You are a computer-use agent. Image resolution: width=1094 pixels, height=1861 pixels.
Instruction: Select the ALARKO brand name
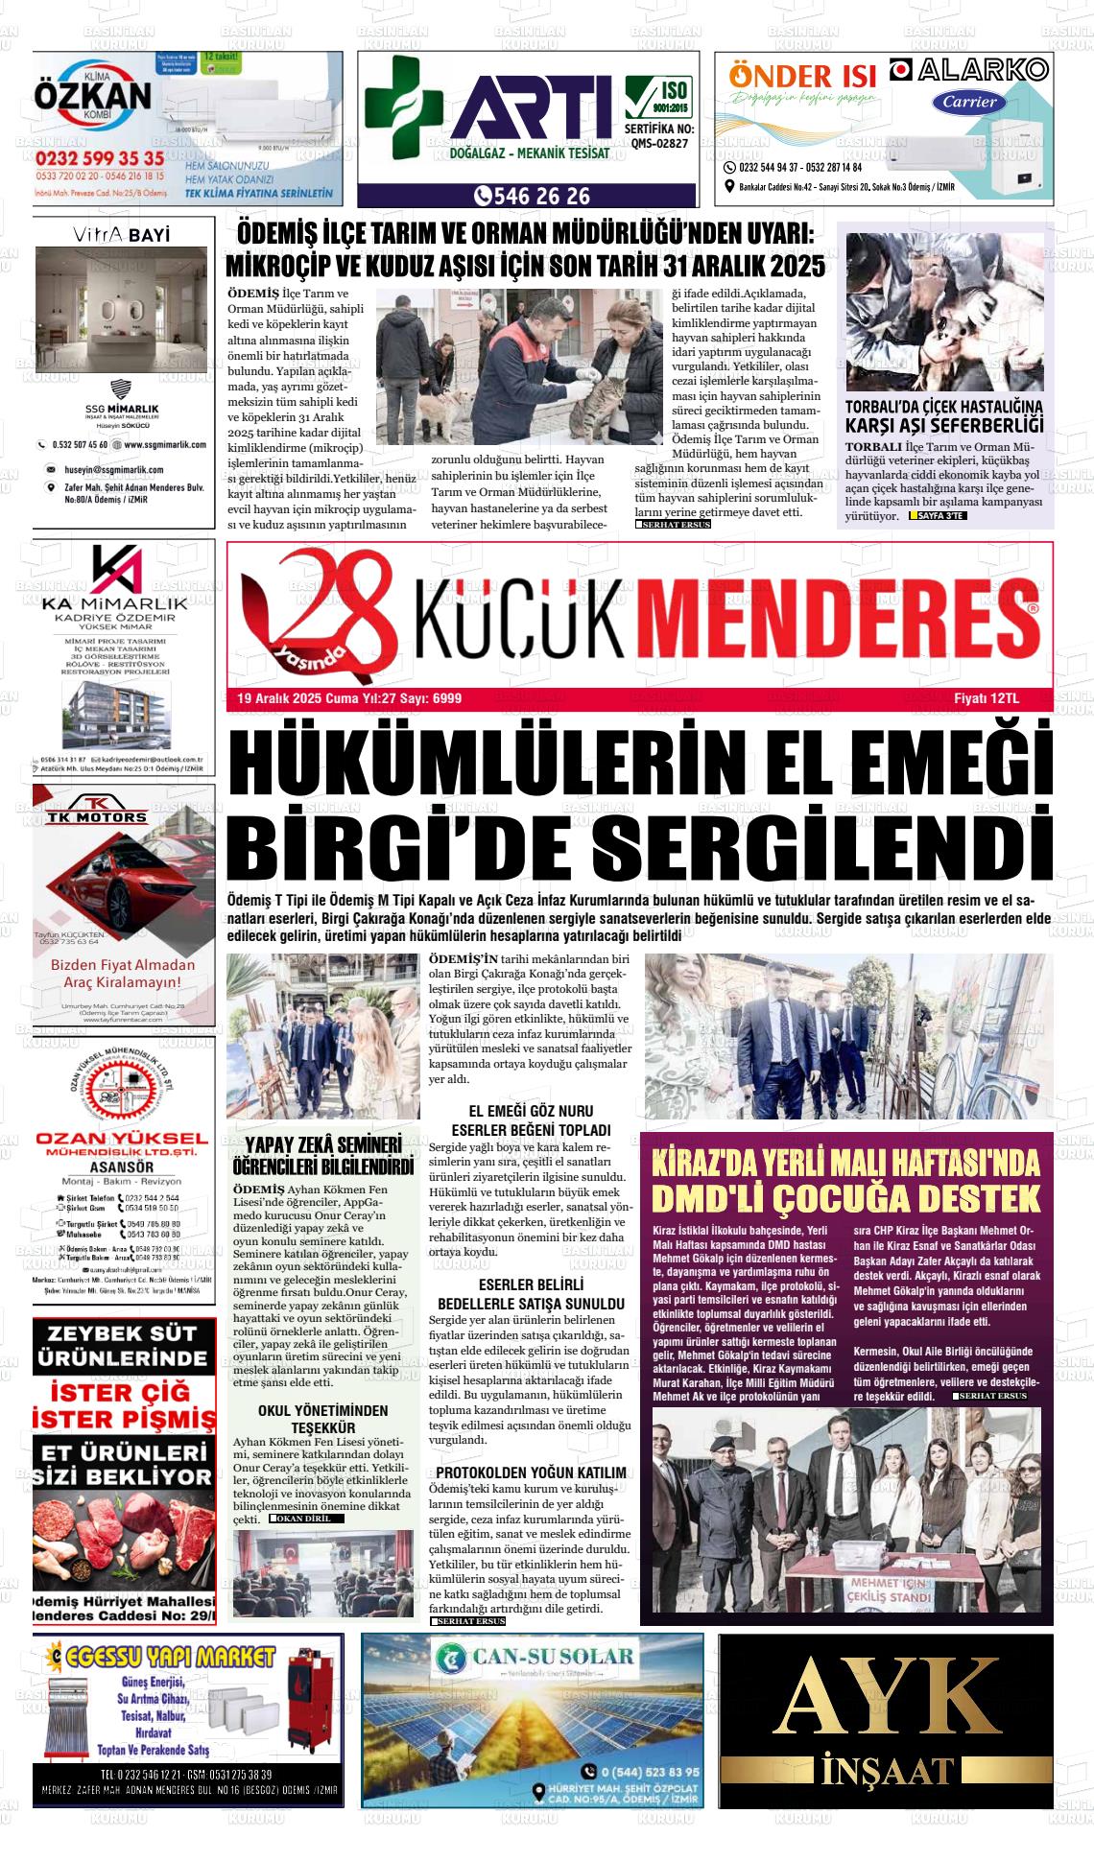[968, 70]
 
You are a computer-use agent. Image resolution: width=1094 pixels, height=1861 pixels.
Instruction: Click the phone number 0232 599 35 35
[100, 158]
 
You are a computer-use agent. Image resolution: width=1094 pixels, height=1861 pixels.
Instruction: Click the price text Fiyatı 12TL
[999, 698]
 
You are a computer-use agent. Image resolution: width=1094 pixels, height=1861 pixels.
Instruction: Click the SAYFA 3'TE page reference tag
[938, 516]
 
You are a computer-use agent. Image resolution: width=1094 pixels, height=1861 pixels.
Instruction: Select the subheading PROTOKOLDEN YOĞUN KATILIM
[531, 1472]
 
